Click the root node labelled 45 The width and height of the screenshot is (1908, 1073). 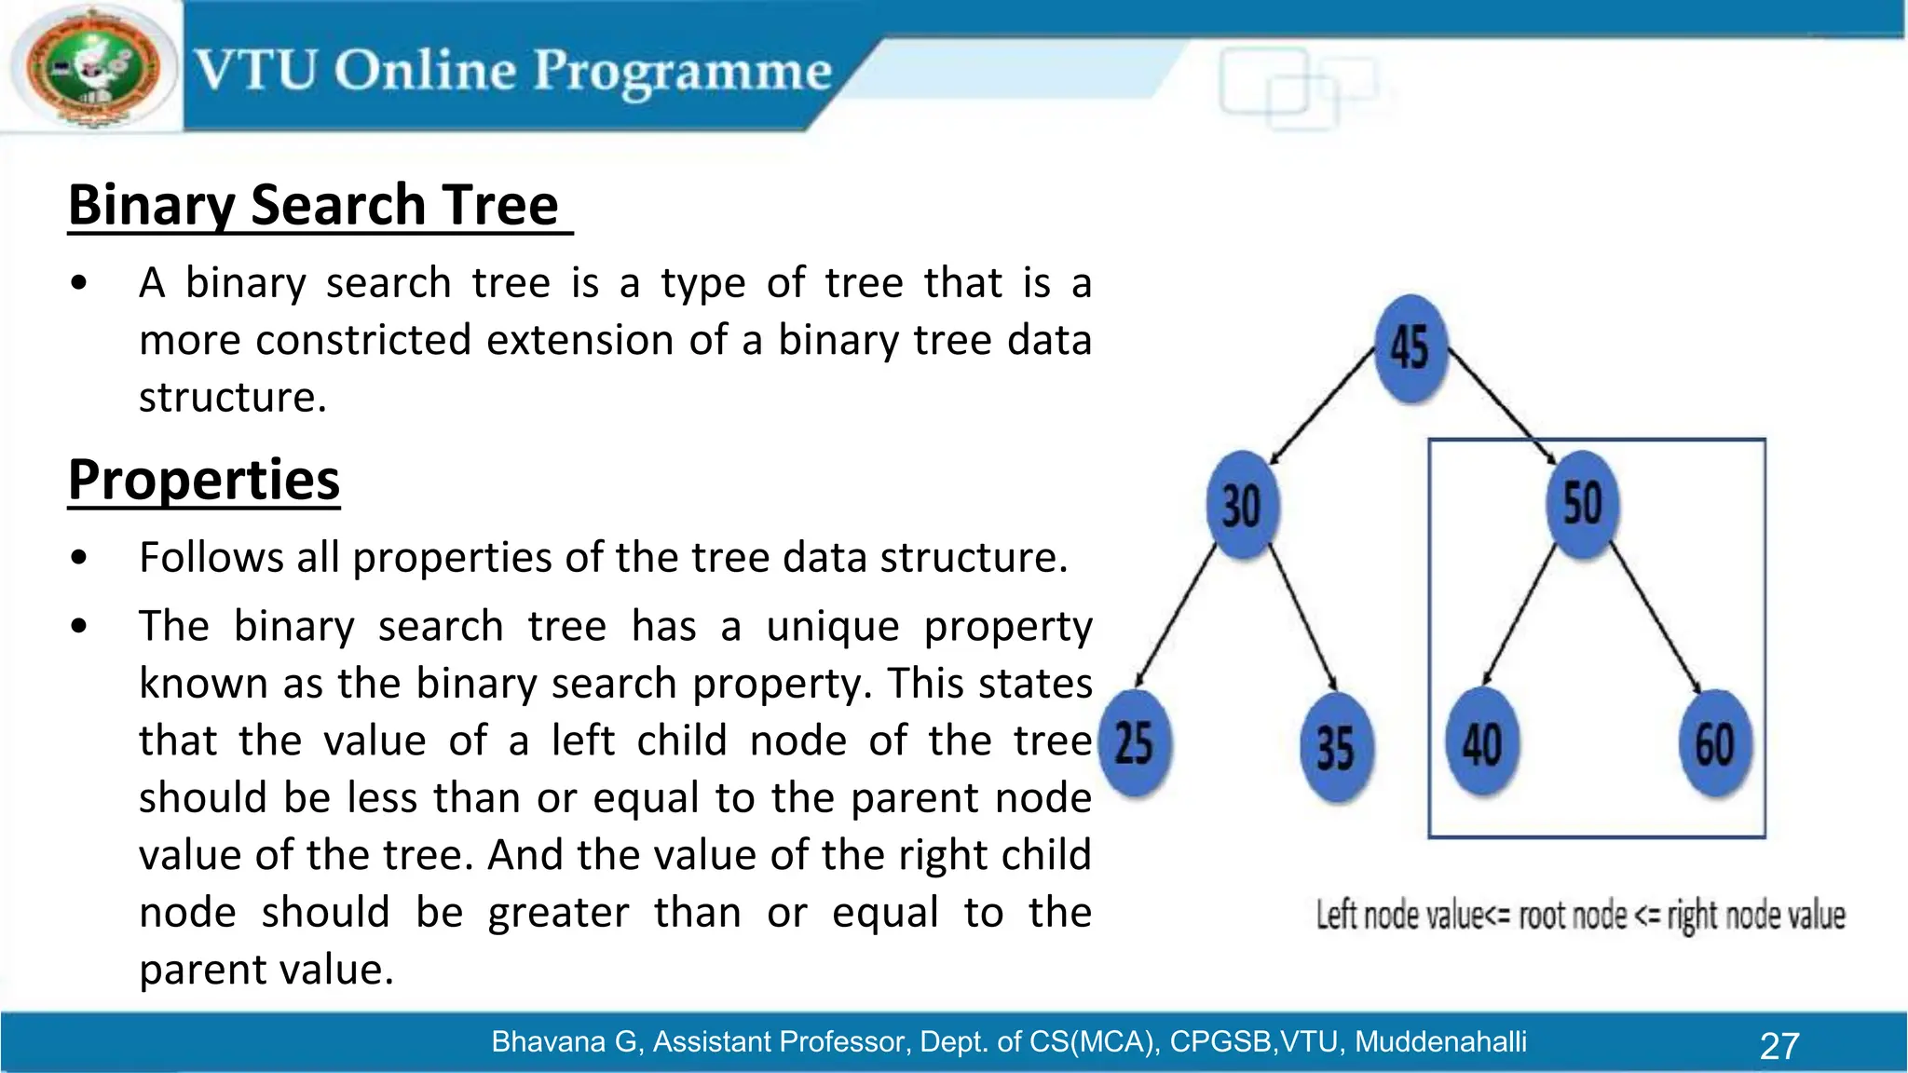pos(1411,348)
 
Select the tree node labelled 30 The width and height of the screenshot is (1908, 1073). pos(1242,506)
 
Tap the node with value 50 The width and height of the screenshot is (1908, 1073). pos(1582,504)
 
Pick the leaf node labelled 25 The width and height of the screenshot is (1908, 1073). pos(1135,743)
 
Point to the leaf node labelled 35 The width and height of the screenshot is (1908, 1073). pos(1336,747)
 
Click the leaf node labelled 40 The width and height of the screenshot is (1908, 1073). pos(1481,743)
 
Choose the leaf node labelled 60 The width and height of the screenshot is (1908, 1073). pos(1714,743)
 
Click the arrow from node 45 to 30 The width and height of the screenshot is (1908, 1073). pos(1323,405)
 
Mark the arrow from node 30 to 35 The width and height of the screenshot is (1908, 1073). pos(1302,619)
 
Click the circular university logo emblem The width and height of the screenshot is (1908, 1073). pos(91,67)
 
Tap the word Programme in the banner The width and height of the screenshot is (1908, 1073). pos(682,73)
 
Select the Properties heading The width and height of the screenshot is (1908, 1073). pos(204,480)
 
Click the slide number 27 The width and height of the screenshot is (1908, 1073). pos(1779,1045)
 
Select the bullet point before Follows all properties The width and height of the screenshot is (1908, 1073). pos(79,558)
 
